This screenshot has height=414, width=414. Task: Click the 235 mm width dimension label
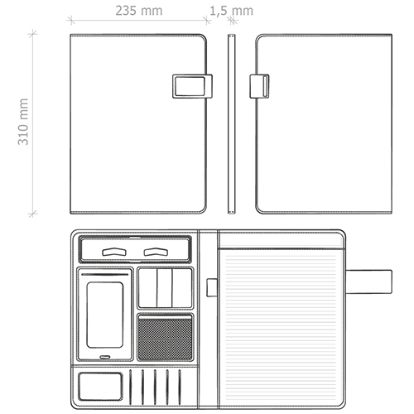pyautogui.click(x=139, y=11)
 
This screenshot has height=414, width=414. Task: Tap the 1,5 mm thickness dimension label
pyautogui.click(x=231, y=11)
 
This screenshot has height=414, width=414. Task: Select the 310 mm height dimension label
pyautogui.click(x=23, y=122)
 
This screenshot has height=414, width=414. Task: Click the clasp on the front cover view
pyautogui.click(x=192, y=86)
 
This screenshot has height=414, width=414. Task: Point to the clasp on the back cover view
pyautogui.click(x=259, y=86)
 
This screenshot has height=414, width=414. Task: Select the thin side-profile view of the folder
pyautogui.click(x=232, y=124)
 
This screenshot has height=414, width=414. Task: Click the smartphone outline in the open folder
pyautogui.click(x=105, y=315)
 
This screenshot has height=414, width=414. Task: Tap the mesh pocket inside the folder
pyautogui.click(x=166, y=337)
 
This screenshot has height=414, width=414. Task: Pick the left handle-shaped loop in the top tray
pyautogui.click(x=114, y=252)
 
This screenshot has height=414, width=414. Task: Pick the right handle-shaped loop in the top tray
pyautogui.click(x=156, y=252)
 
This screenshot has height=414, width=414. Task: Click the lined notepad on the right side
pyautogui.click(x=281, y=327)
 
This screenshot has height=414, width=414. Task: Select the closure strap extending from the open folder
pyautogui.click(x=368, y=282)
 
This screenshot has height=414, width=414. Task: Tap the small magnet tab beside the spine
pyautogui.click(x=212, y=287)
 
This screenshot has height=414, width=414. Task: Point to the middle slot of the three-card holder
pyautogui.click(x=165, y=287)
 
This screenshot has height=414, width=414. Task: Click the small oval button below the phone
pyautogui.click(x=105, y=357)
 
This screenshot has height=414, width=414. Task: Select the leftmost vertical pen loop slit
pyautogui.click(x=130, y=388)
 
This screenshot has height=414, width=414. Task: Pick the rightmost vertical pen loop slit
pyautogui.click(x=180, y=388)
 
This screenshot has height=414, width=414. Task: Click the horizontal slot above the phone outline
pyautogui.click(x=105, y=275)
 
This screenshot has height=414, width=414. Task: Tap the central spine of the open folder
pyautogui.click(x=209, y=319)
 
